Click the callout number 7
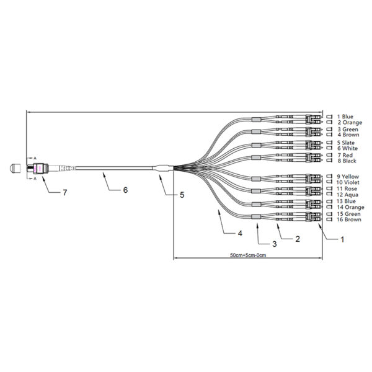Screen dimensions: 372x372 (64, 192)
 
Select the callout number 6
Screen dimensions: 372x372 (125, 190)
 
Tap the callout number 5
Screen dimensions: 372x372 (182, 195)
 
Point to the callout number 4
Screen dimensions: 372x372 (240, 233)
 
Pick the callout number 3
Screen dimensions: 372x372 (275, 244)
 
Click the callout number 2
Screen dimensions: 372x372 (298, 239)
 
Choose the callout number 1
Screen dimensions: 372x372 (342, 239)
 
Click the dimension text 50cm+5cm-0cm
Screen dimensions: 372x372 (248, 255)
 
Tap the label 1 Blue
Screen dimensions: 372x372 (345, 117)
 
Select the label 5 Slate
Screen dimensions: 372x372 (346, 143)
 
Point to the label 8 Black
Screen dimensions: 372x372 (347, 161)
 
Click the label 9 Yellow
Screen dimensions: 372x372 (348, 177)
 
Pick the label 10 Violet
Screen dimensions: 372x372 (348, 182)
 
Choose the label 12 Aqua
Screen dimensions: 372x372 (348, 195)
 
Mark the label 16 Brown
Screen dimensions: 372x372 (348, 219)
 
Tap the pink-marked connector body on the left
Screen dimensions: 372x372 (38, 169)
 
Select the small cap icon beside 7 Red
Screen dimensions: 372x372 (329, 155)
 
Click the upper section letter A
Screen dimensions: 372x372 (35, 157)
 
